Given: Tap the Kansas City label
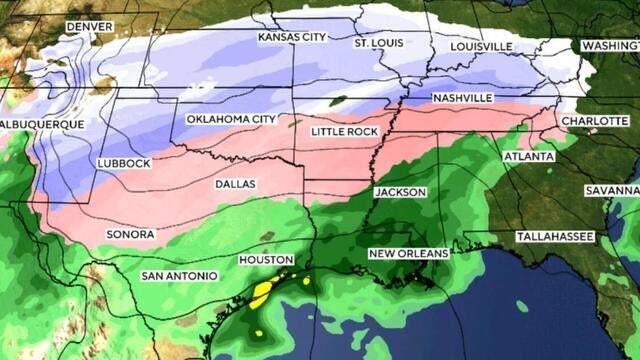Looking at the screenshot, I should pyautogui.click(x=293, y=38).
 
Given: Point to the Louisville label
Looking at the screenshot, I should pyautogui.click(x=482, y=47).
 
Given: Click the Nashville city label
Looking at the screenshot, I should pyautogui.click(x=462, y=98).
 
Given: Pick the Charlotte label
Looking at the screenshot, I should pyautogui.click(x=594, y=120).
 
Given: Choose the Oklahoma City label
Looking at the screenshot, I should pyautogui.click(x=231, y=120).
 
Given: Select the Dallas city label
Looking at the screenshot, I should pyautogui.click(x=235, y=184).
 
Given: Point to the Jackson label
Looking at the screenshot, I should pyautogui.click(x=400, y=192).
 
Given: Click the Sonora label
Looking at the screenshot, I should pyautogui.click(x=130, y=235).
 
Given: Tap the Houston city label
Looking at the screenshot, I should pyautogui.click(x=266, y=260).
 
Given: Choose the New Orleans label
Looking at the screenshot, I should pyautogui.click(x=409, y=254).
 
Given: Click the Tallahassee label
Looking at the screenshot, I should pyautogui.click(x=555, y=236).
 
